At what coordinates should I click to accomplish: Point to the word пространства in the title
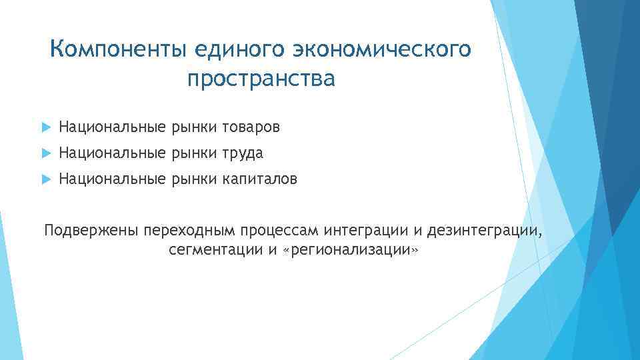pyautogui.click(x=261, y=79)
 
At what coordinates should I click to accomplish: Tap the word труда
pyautogui.click(x=243, y=153)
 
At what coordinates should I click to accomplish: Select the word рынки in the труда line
pyautogui.click(x=194, y=153)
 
